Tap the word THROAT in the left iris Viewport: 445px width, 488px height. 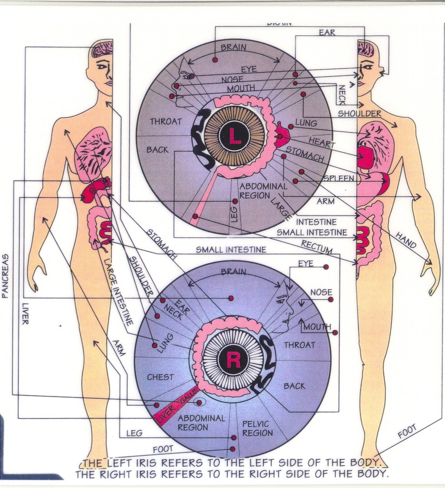[166, 121]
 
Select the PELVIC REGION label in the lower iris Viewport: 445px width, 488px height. [258, 428]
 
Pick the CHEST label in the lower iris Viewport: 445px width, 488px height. [160, 377]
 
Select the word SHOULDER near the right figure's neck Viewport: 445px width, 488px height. [359, 113]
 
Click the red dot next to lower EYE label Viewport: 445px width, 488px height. [326, 267]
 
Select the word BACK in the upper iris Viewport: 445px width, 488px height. [157, 150]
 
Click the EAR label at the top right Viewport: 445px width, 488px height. [327, 32]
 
